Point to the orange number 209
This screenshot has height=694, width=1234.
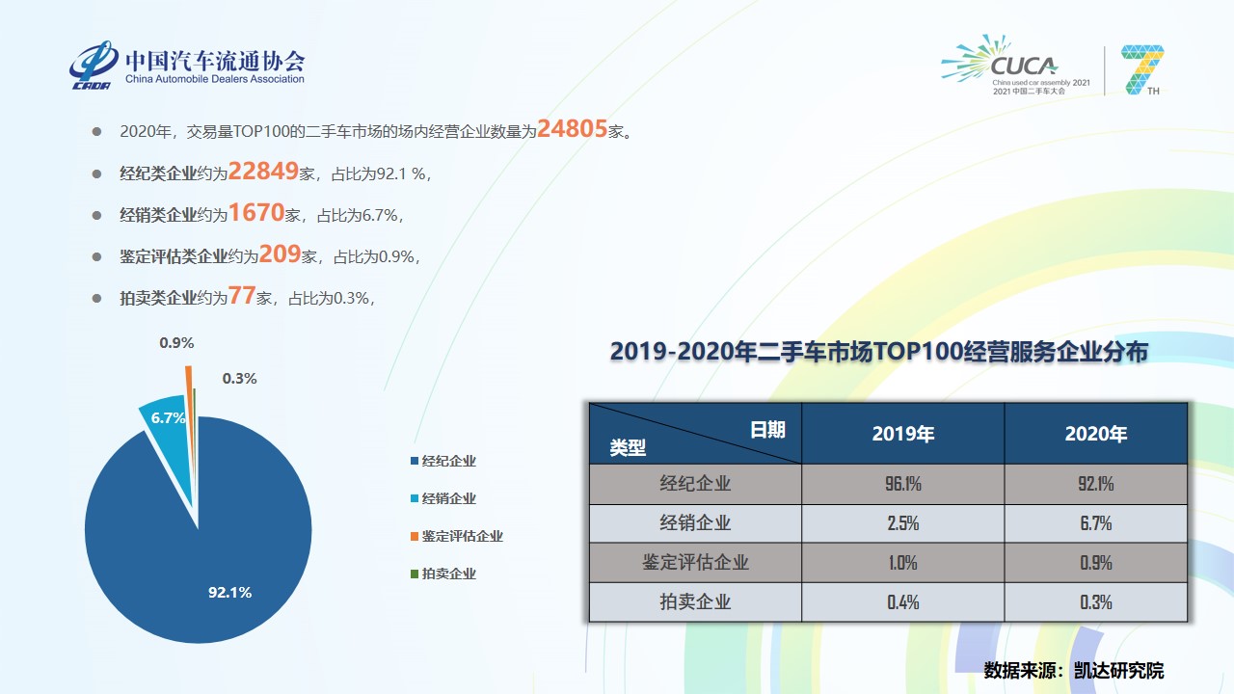(280, 255)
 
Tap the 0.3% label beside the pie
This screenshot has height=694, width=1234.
(239, 379)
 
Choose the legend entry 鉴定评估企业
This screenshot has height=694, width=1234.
(462, 536)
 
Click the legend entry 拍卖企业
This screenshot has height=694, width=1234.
(448, 574)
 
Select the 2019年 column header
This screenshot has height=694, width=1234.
(902, 434)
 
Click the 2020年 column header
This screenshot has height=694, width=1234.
(1095, 434)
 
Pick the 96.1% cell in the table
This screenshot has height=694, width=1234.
(902, 484)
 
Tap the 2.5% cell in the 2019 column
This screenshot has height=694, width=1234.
(902, 523)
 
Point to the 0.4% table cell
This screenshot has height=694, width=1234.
(902, 602)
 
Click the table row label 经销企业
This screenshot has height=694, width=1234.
(695, 523)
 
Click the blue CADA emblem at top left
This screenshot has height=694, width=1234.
(94, 64)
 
